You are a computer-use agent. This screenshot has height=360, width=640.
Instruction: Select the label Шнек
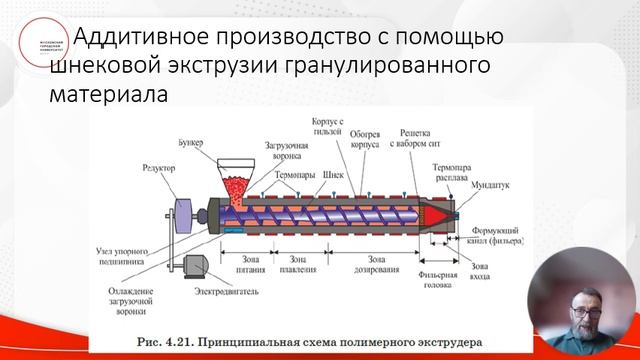pyautogui.click(x=333, y=172)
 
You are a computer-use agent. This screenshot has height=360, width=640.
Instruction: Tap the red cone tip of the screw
pyautogui.click(x=441, y=214)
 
